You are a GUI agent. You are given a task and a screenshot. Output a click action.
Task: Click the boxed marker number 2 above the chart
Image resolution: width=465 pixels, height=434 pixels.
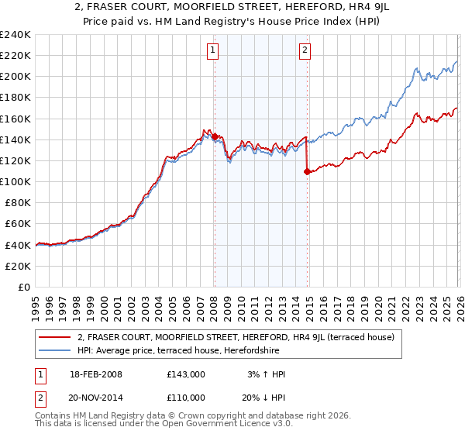pyautogui.click(x=305, y=51)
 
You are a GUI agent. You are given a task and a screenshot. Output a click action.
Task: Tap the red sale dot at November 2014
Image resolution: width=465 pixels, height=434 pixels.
pyautogui.click(x=308, y=171)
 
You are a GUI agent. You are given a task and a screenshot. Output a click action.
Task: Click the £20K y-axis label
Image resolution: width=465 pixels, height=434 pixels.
pyautogui.click(x=17, y=266)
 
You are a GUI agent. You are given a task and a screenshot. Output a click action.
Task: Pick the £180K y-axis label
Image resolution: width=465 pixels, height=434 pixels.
pyautogui.click(x=15, y=98)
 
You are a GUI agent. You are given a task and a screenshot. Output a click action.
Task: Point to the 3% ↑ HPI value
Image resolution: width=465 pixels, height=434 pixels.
pyautogui.click(x=265, y=374)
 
